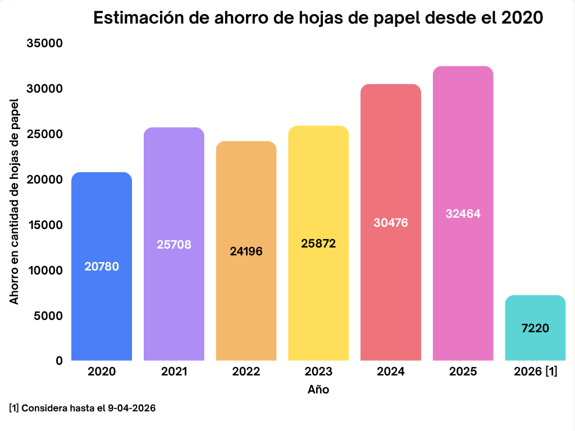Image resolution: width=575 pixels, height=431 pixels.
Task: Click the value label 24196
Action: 246,251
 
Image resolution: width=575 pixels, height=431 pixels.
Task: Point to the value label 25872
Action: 318,244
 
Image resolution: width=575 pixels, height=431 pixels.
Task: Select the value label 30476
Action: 391,223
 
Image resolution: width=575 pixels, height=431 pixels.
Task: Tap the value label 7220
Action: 535,328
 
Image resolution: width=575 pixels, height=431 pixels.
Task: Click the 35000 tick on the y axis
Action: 44,44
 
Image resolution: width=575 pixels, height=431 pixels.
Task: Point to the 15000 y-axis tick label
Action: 44,225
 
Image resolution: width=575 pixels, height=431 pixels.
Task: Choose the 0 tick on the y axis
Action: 59,361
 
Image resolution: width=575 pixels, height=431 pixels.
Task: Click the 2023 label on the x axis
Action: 318,372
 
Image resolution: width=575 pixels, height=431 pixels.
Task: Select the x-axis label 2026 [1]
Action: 536,372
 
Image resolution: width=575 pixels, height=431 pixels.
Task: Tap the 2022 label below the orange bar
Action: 246,372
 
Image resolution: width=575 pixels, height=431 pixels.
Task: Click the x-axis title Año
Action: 318,389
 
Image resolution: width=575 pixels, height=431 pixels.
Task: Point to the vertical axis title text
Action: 14,202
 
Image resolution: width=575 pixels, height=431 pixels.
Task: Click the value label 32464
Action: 463,214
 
